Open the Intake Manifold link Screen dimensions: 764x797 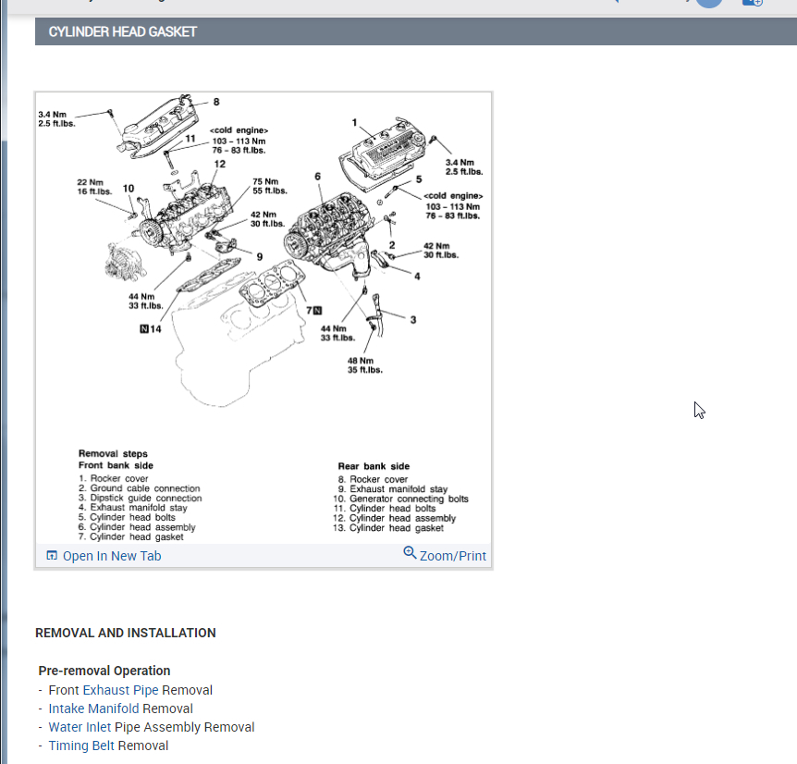(93, 709)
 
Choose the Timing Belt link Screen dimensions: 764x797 (81, 746)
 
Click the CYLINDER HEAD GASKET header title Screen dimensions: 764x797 (123, 31)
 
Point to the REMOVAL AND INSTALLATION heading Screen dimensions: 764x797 (125, 633)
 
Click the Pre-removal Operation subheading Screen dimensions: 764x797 (104, 671)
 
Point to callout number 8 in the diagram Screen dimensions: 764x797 (216, 103)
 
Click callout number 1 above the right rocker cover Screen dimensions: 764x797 (354, 122)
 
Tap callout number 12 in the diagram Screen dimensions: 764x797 (219, 165)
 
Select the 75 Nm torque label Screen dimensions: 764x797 (265, 181)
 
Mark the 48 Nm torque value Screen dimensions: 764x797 (361, 361)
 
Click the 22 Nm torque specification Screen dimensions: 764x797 (90, 182)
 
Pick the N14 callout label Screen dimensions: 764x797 (150, 328)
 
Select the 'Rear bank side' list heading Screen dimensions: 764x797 (374, 466)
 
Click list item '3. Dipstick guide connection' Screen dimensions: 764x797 (140, 498)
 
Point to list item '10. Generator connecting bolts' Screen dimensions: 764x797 (401, 499)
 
